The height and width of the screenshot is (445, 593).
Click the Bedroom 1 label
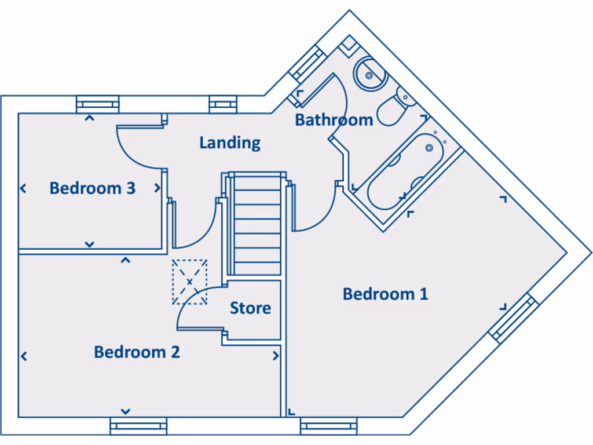tap(385, 294)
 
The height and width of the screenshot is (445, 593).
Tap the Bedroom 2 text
tap(137, 352)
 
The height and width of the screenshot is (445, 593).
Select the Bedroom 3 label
tap(92, 188)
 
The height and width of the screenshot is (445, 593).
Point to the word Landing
tap(230, 143)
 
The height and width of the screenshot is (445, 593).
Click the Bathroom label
tap(334, 120)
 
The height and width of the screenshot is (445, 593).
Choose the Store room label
tap(250, 308)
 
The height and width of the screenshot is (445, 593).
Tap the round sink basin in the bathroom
tap(369, 74)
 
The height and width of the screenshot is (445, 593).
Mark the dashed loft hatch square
tap(189, 282)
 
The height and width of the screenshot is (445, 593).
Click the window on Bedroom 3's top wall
tap(98, 104)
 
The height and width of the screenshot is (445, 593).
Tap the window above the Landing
tap(224, 104)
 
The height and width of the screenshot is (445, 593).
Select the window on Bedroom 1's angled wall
tap(511, 318)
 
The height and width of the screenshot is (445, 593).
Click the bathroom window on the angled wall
tap(308, 63)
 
